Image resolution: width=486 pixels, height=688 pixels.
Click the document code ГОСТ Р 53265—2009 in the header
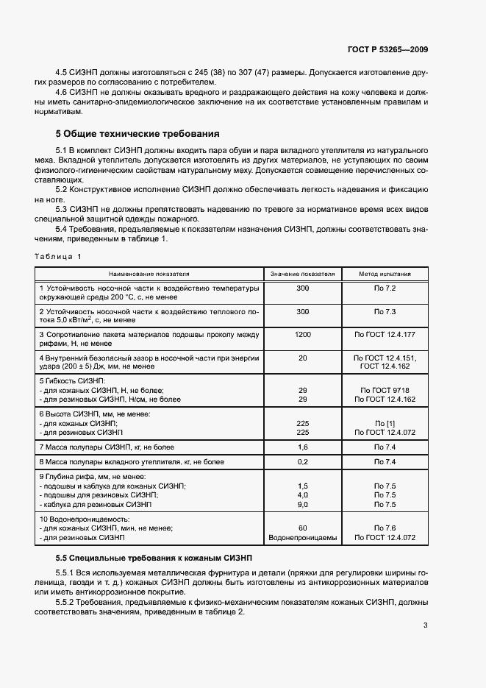[x=387, y=50]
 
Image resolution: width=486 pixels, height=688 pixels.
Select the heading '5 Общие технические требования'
[x=137, y=135]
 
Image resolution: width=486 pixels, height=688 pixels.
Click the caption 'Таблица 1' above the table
[x=58, y=256]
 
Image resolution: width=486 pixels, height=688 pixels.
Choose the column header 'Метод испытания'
[x=385, y=274]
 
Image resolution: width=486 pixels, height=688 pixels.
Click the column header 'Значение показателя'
[x=302, y=274]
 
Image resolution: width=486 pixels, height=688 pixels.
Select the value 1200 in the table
[x=302, y=335]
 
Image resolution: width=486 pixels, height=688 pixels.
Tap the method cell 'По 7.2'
[x=385, y=288]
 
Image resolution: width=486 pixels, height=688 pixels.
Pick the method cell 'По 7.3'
[x=385, y=311]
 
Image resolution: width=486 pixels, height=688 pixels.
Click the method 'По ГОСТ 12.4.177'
[x=385, y=335]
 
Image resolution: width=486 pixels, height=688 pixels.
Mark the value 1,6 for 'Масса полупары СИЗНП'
[x=302, y=447]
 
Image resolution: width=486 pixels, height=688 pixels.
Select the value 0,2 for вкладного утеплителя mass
[x=302, y=461]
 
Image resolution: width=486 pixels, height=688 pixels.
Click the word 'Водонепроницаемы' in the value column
[x=302, y=538]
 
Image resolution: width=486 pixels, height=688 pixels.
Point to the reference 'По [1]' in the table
[x=385, y=423]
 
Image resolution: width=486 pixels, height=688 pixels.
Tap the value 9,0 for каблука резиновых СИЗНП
[x=302, y=505]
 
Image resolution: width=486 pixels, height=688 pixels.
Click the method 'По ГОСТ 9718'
[x=385, y=390]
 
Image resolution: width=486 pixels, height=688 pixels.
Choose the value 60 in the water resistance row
[x=302, y=528]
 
